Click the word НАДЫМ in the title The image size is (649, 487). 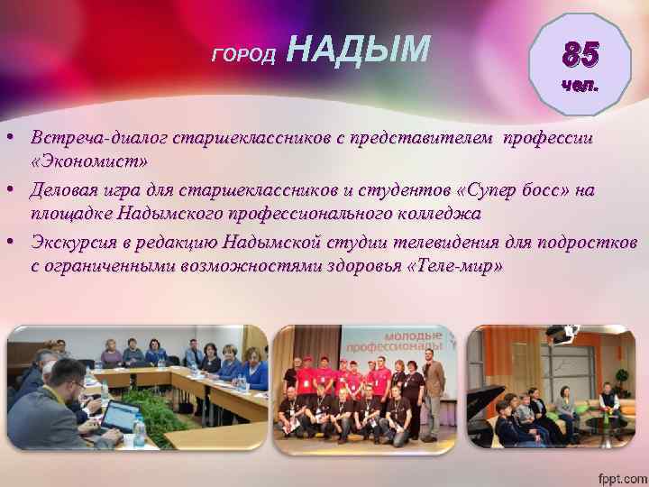coord(361,51)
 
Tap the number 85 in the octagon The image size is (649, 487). coord(577,57)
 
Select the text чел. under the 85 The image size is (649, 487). coord(578,86)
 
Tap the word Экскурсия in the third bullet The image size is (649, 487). coord(74,243)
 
